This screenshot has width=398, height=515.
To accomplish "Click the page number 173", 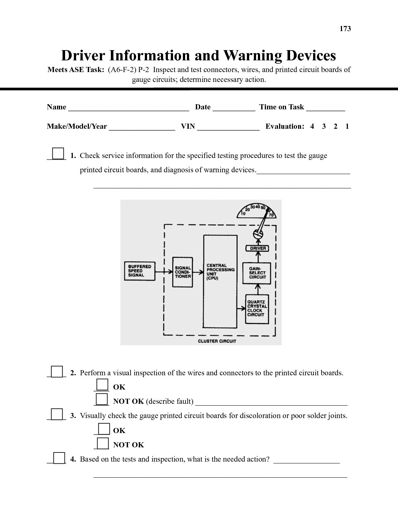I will pyautogui.click(x=345, y=29).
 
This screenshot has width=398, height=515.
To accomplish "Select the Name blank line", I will pyautogui.click(x=128, y=108).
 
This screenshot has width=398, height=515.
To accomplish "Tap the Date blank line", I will pyautogui.click(x=234, y=108).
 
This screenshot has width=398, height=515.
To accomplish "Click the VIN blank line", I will pyautogui.click(x=228, y=128).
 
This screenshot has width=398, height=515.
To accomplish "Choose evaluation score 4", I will pyautogui.click(x=312, y=127).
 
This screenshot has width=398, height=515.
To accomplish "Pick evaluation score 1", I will pyautogui.click(x=347, y=127).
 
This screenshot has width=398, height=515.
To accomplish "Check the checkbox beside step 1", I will pyautogui.click(x=58, y=153).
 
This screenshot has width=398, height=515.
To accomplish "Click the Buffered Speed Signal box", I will pyautogui.click(x=140, y=271).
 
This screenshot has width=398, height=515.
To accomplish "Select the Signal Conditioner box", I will pyautogui.click(x=183, y=272).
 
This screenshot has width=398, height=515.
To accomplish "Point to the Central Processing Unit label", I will pyautogui.click(x=220, y=271).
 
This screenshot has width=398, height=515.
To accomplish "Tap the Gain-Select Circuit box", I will pyautogui.click(x=258, y=273).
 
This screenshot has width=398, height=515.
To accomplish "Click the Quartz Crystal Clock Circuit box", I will pyautogui.click(x=257, y=309).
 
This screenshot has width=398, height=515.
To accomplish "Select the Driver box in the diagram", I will pyautogui.click(x=258, y=248).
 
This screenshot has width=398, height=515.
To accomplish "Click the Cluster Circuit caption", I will pyautogui.click(x=217, y=341).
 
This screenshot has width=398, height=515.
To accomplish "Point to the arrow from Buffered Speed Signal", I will pyautogui.click(x=164, y=271).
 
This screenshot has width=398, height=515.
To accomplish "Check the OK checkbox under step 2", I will pyautogui.click(x=102, y=385).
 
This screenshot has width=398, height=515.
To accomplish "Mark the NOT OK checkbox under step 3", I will pyautogui.click(x=103, y=443).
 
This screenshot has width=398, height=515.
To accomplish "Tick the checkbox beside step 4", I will pyautogui.click(x=59, y=458).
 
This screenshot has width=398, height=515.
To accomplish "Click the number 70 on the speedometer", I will pyautogui.click(x=271, y=215).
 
